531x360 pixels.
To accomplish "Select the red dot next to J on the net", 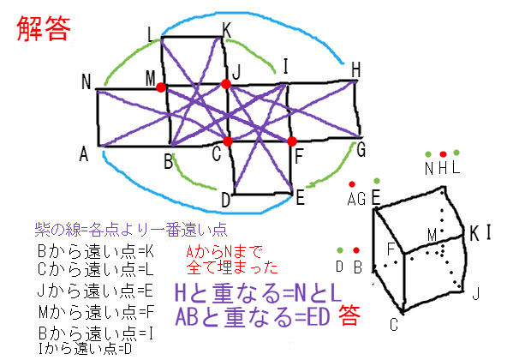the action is tap(225, 84).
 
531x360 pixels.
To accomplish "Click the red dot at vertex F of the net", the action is tap(292, 141).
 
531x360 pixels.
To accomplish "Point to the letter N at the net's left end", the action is tap(86, 82).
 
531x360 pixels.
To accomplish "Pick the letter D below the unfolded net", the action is tap(225, 201).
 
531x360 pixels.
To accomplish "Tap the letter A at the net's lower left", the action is tap(84, 154).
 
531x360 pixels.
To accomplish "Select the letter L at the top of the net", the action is tap(152, 35).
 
